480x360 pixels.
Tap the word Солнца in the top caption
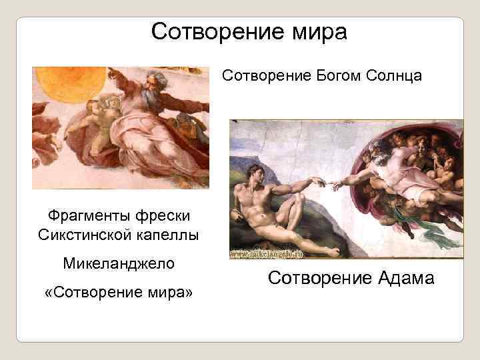click(394, 75)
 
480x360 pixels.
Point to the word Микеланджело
click(119, 263)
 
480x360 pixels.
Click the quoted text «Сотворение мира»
click(119, 292)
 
